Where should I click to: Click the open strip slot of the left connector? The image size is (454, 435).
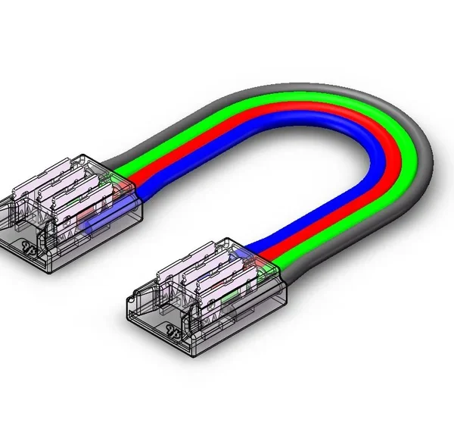click(x=23, y=227)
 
